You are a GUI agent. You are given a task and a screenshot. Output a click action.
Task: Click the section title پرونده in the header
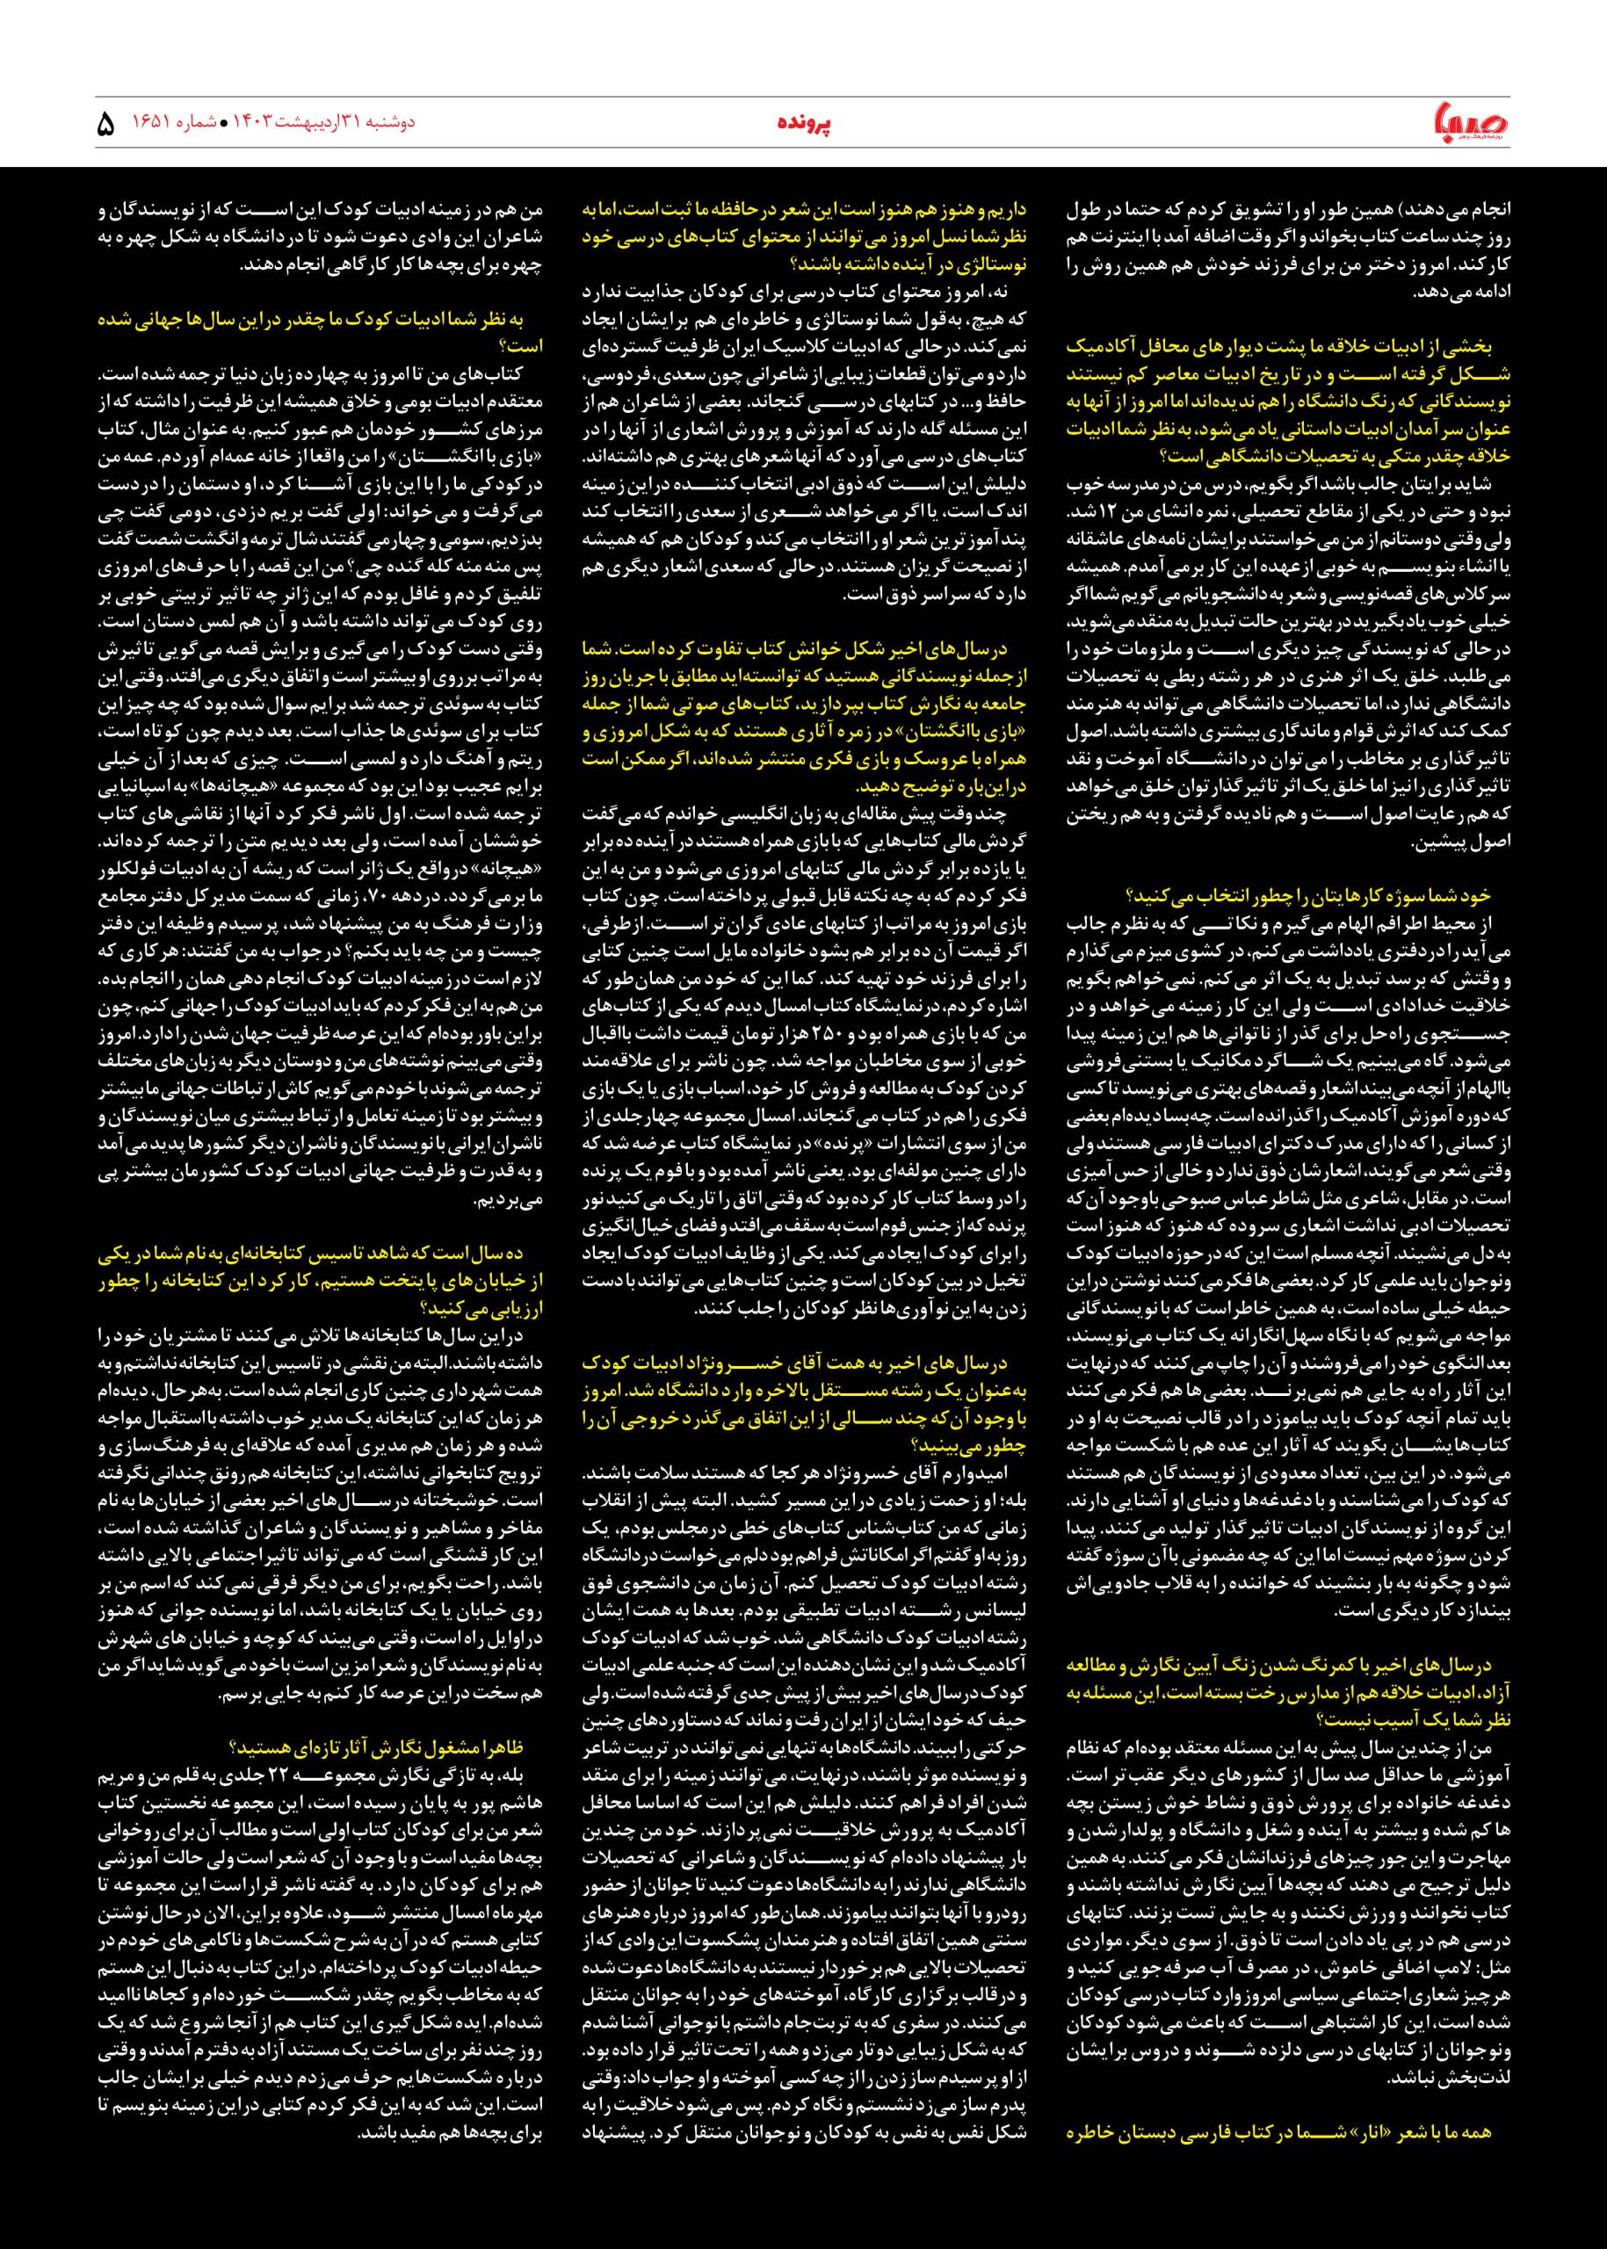pyautogui.click(x=802, y=124)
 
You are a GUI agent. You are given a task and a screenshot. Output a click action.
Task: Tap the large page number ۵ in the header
pyautogui.click(x=107, y=125)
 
